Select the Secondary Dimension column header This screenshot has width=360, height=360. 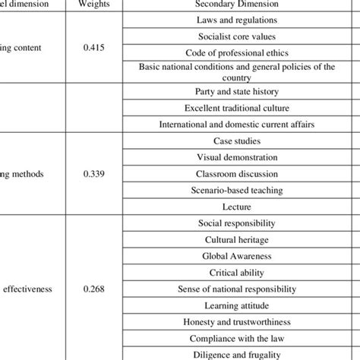point(235,3)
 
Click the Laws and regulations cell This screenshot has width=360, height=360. point(235,19)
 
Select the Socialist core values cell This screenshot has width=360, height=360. point(235,36)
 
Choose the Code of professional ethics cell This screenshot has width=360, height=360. point(235,52)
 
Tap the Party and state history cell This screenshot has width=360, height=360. point(235,92)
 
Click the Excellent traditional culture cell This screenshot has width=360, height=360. point(235,108)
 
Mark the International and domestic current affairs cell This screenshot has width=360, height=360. point(235,125)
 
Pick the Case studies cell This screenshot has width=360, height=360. point(235,141)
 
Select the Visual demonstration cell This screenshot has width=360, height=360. point(235,157)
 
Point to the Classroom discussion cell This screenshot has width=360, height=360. point(235,173)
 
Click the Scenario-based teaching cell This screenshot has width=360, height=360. point(235,189)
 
